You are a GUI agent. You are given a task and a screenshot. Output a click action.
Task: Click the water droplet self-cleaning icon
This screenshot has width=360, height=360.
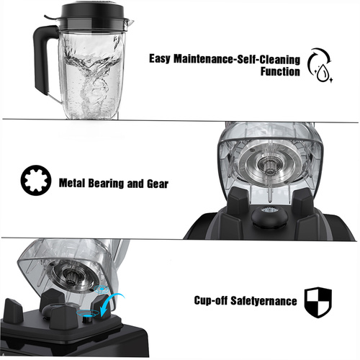tap(320, 66)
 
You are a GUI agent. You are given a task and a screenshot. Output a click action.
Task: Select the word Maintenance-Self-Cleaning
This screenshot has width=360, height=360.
tap(237, 59)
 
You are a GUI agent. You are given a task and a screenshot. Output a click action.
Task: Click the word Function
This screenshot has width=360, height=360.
tap(280, 71)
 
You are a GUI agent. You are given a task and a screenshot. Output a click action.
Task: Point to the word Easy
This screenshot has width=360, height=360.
tap(160, 58)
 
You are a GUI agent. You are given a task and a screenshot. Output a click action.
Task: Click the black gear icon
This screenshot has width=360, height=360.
tap(36, 180)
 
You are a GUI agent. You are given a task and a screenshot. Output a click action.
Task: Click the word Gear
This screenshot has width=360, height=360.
tap(158, 184)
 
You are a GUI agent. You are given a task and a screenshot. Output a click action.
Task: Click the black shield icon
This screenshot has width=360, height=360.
tap(318, 302)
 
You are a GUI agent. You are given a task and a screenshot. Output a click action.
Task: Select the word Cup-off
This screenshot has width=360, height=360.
tap(211, 300)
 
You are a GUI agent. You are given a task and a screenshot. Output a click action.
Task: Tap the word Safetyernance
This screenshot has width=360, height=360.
tap(264, 301)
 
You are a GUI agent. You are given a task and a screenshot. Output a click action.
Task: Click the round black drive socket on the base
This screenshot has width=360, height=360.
tap(269, 217)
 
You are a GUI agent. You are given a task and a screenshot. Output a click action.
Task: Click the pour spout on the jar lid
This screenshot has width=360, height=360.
tap(130, 23)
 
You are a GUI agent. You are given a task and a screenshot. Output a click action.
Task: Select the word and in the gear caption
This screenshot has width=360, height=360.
tap(135, 184)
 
